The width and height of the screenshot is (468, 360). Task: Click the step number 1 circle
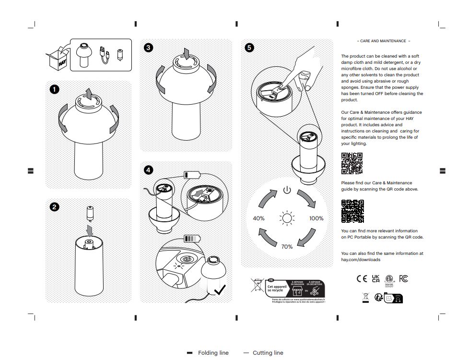click(x=55, y=89)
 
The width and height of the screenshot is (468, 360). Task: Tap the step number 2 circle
click(x=55, y=207)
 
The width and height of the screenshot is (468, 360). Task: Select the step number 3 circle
click(x=149, y=48)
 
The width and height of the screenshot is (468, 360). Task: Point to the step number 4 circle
click(x=149, y=169)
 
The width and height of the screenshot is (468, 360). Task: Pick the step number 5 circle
click(x=249, y=48)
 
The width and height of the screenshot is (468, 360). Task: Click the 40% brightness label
click(x=259, y=218)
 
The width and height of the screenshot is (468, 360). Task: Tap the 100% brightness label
click(x=316, y=218)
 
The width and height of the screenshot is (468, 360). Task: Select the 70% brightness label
click(x=287, y=247)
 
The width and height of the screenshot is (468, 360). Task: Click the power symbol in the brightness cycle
click(x=287, y=190)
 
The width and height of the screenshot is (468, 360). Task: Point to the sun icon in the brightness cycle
click(x=287, y=219)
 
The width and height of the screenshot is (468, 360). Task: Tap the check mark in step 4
click(x=220, y=290)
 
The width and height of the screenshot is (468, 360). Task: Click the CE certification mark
click(x=362, y=279)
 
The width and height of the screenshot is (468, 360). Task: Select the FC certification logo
click(x=403, y=279)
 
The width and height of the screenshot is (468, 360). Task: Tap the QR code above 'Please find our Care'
click(x=351, y=163)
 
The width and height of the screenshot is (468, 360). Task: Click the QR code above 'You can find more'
click(x=352, y=211)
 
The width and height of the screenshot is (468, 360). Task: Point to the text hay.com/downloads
click(x=361, y=260)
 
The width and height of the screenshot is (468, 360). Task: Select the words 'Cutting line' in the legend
click(x=268, y=353)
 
